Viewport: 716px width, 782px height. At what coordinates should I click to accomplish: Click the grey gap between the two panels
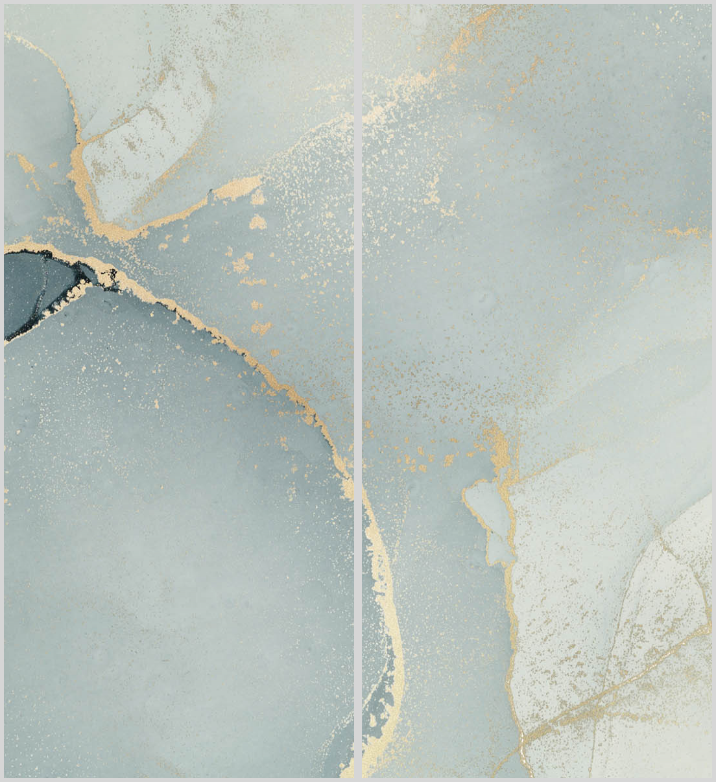point(357,389)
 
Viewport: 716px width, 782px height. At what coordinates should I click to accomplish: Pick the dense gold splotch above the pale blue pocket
point(499,447)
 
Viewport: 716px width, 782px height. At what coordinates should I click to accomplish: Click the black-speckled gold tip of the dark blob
point(104,276)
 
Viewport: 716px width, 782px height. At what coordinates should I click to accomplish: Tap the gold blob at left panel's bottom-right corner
point(346,765)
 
